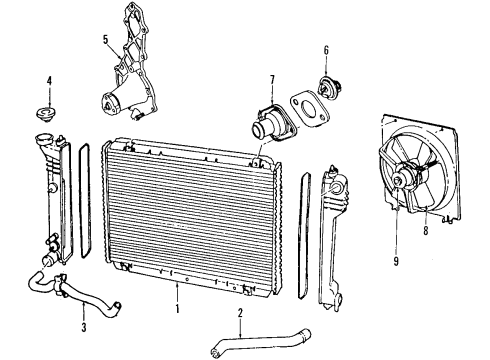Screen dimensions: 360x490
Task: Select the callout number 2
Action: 239,314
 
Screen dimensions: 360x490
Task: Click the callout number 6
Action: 325,50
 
